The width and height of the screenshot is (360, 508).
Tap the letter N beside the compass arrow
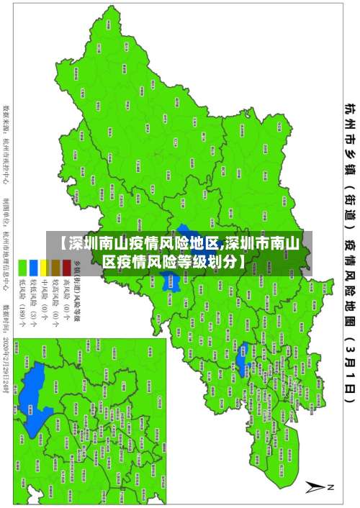(332, 487)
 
